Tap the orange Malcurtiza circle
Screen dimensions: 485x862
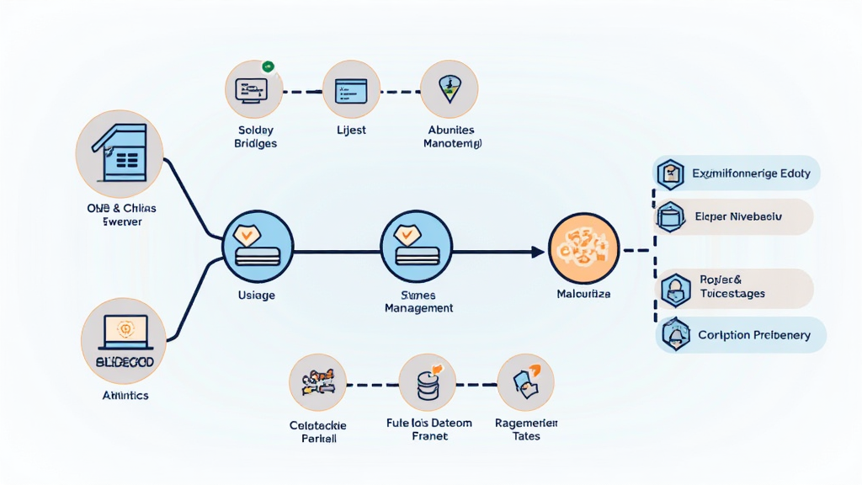[x=583, y=249]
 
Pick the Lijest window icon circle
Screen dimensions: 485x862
[x=352, y=89]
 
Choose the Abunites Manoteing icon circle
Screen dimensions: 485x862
[x=449, y=89]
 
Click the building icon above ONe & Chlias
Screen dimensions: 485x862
[x=119, y=153]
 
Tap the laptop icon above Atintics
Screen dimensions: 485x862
[x=124, y=334]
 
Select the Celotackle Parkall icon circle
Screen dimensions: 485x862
[x=317, y=382]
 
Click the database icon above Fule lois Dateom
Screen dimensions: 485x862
[x=428, y=382]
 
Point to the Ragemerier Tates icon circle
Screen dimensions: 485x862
[x=526, y=382]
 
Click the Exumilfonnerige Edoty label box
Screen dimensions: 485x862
[x=737, y=173]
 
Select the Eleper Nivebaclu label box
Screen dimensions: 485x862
[x=734, y=216]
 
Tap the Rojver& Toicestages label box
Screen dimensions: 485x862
[x=734, y=288]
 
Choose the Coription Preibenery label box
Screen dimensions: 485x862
[x=740, y=335]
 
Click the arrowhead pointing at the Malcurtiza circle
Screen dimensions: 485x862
[x=536, y=251]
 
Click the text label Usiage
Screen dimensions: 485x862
[x=258, y=296]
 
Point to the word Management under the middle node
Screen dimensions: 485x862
[x=418, y=308]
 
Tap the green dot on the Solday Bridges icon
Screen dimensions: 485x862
[x=268, y=66]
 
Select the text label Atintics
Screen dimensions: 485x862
[x=125, y=394]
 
